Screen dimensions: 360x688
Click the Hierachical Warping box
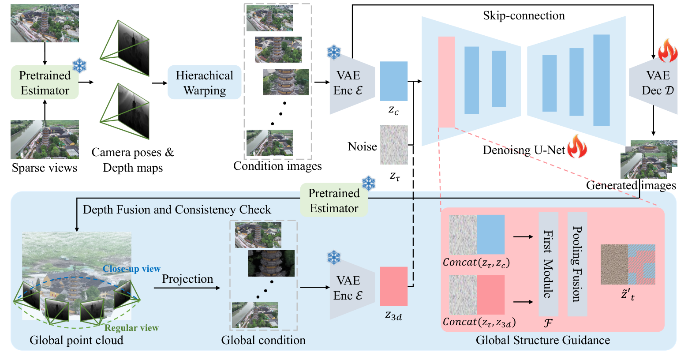(204, 82)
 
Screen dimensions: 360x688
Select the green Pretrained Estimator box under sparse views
(45, 82)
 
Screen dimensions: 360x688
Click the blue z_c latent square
(393, 81)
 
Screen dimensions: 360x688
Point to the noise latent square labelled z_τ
(394, 145)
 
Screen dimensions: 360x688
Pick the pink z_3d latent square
(393, 286)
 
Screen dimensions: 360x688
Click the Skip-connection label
(523, 15)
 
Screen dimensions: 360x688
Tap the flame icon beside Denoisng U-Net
(577, 147)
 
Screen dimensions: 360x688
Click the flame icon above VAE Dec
(667, 51)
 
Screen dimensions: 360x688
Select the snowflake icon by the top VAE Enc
(334, 52)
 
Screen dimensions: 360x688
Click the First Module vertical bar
(548, 264)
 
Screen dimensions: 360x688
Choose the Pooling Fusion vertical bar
(577, 264)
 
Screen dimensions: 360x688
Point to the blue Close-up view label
(131, 269)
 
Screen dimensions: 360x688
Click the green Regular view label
(131, 328)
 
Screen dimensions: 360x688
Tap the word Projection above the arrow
(187, 279)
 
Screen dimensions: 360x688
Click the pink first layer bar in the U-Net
(446, 82)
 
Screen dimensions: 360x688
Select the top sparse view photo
(45, 23)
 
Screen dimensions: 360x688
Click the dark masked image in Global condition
(271, 263)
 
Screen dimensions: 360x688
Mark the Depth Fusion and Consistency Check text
(177, 210)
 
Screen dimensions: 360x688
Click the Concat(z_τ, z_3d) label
(479, 322)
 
